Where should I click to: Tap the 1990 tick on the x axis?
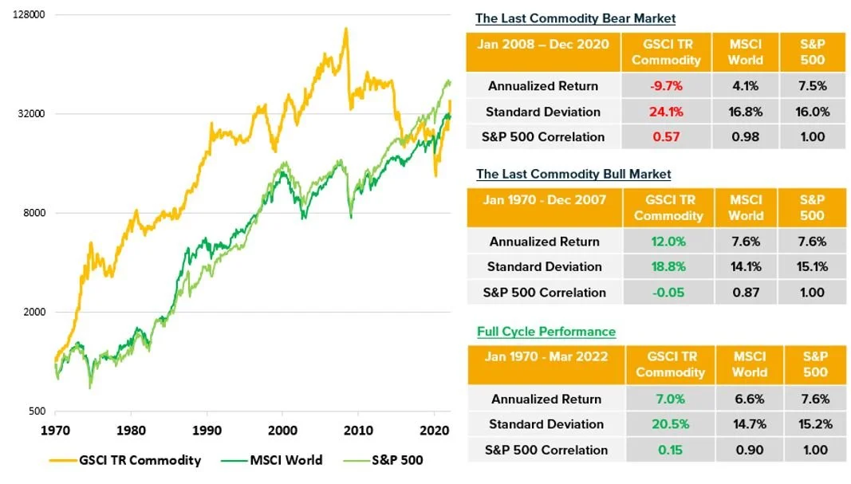(x=207, y=429)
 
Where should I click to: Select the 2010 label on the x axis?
(x=358, y=429)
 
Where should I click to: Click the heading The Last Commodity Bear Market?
(x=575, y=18)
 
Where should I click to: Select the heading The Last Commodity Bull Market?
(x=573, y=174)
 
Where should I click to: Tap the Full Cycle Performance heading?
(x=546, y=331)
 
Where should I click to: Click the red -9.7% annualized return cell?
(x=667, y=86)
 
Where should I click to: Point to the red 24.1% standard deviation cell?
(x=667, y=112)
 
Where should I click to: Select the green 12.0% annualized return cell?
(x=668, y=242)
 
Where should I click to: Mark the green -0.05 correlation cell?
(x=668, y=293)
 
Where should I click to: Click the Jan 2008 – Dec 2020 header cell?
(x=542, y=52)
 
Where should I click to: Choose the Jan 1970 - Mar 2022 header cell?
(x=546, y=364)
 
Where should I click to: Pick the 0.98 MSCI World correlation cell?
(x=746, y=137)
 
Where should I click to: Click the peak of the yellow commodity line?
(x=345, y=29)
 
